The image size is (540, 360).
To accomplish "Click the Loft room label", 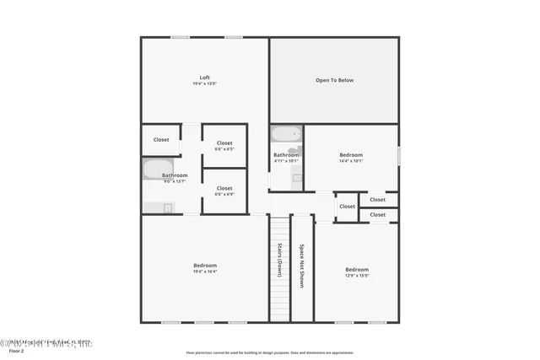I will coord(205,78).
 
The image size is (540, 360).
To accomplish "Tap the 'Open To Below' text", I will coord(334,80).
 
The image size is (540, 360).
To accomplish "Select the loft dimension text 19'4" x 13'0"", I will coord(205,83).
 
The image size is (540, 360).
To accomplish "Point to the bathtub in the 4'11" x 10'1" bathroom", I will coord(287,133).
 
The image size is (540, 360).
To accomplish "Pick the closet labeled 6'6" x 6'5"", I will coord(224,143).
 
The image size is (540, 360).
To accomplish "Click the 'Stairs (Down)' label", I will coord(279,261).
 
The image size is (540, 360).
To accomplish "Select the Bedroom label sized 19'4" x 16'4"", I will coord(205,266).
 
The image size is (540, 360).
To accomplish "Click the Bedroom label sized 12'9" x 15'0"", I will coord(357,269).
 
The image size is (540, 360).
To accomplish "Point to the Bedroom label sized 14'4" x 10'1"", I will coord(351,154).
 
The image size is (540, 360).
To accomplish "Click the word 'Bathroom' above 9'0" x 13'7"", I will coord(175,175).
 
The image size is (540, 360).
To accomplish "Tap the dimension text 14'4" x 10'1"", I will coord(351,160).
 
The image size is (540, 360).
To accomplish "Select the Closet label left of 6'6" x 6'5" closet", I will coord(161,139).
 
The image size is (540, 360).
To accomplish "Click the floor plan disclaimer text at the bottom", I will coord(270,352).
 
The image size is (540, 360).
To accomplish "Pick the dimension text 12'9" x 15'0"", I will coord(357,275).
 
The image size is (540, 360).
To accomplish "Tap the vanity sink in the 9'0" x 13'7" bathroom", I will coord(167,208).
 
